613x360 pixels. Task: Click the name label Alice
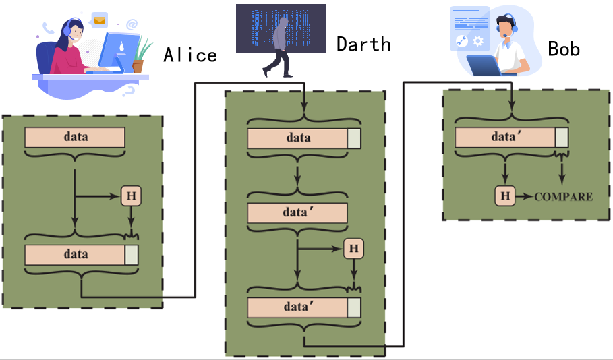click(190, 55)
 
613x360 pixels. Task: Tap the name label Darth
click(363, 44)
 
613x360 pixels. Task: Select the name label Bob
click(564, 49)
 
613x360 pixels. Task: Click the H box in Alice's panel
click(131, 196)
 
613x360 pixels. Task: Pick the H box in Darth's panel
click(354, 249)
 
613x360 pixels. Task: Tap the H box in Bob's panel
click(505, 196)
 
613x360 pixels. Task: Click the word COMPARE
click(563, 197)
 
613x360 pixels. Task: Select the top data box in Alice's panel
click(75, 138)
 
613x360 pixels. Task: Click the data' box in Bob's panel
click(511, 138)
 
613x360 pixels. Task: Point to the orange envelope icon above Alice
click(100, 20)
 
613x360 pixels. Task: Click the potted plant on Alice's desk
click(140, 57)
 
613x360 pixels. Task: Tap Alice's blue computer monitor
click(118, 52)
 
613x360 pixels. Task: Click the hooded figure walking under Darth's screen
click(279, 47)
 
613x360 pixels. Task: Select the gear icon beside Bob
click(478, 41)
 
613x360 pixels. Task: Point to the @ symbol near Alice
click(132, 25)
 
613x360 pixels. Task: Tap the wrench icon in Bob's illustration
click(462, 41)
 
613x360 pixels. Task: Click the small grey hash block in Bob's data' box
click(562, 138)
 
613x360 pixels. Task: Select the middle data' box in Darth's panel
click(297, 213)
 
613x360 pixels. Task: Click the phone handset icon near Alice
click(48, 28)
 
